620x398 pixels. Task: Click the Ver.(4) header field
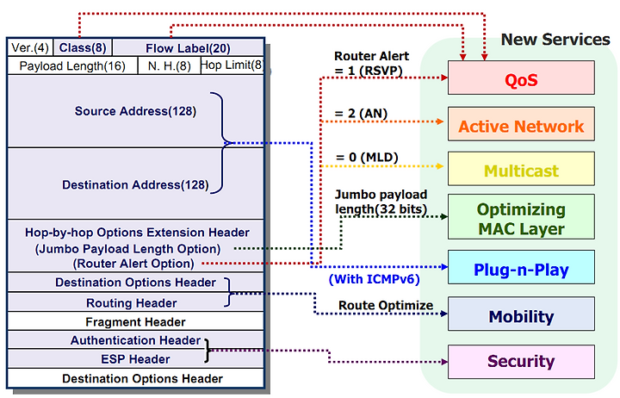click(x=30, y=48)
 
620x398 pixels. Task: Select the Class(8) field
click(x=83, y=48)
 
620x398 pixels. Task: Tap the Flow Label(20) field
click(x=189, y=48)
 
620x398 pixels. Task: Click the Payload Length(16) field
click(x=72, y=65)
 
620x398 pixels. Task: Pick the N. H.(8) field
click(x=170, y=65)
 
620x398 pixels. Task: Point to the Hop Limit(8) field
click(x=232, y=65)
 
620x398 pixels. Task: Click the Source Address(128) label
click(x=135, y=111)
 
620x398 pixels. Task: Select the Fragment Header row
click(x=136, y=321)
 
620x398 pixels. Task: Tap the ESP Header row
click(x=136, y=359)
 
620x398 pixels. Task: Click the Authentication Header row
click(x=136, y=340)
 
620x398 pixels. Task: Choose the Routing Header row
click(x=136, y=302)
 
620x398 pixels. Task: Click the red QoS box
click(x=521, y=78)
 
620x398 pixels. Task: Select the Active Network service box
click(x=521, y=124)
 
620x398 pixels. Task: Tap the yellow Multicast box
click(x=521, y=169)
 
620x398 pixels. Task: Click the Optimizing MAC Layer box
click(x=521, y=217)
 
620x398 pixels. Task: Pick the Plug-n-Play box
click(x=521, y=267)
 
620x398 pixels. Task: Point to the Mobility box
click(x=521, y=314)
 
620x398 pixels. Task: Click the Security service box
click(x=521, y=362)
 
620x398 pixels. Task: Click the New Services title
click(x=555, y=39)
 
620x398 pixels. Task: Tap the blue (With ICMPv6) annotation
click(x=374, y=279)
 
